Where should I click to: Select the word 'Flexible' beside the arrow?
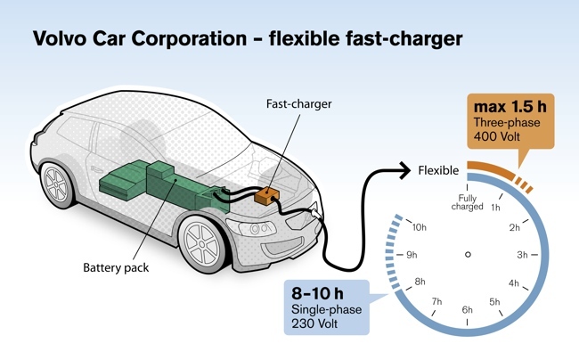tap(438, 169)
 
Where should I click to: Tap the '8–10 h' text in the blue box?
tap(319, 291)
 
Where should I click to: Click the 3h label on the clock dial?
tap(524, 255)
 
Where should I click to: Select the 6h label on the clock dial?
tap(468, 310)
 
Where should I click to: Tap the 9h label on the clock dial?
tap(412, 255)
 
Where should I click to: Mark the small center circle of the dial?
tap(468, 255)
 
